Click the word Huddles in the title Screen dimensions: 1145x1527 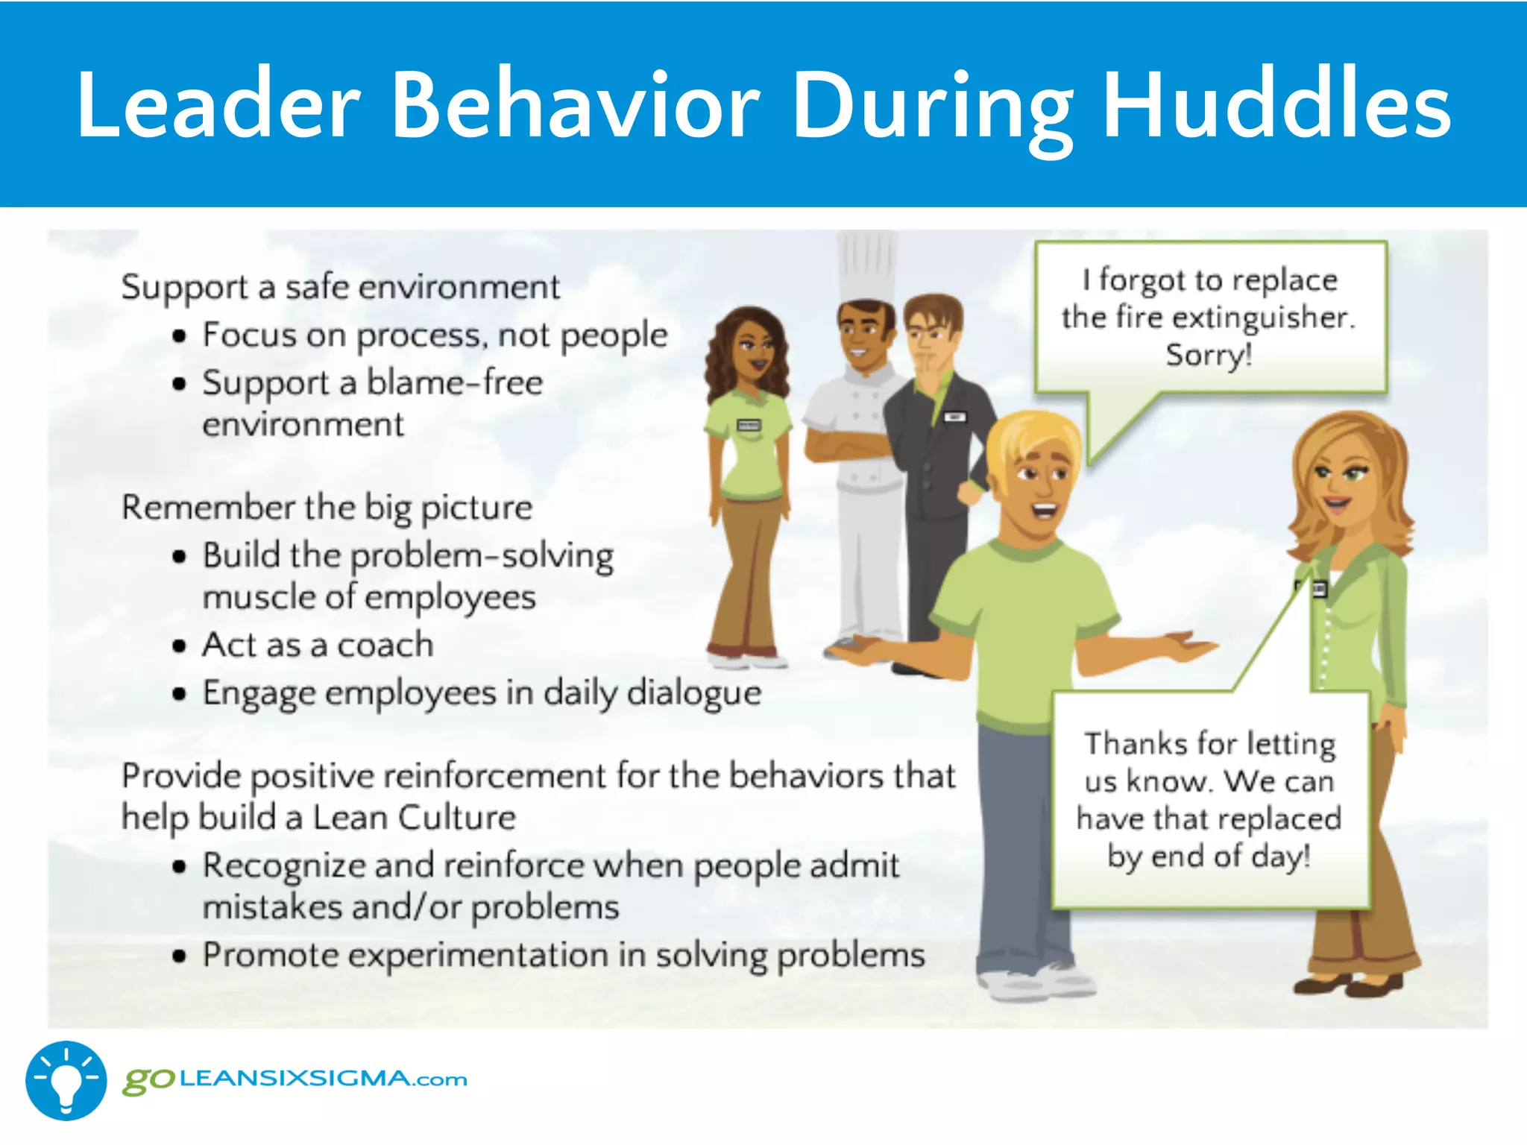1276,104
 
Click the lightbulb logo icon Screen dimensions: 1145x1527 66,1080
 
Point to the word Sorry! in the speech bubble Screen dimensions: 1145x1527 1209,355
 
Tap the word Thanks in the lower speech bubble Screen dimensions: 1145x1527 1136,744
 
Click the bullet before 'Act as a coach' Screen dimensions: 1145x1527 179,646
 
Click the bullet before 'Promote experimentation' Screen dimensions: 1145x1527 179,956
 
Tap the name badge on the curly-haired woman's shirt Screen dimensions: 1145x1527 748,426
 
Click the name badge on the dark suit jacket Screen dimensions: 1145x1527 954,417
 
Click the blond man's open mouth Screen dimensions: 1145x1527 1045,511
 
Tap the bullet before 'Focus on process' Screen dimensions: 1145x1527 179,336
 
